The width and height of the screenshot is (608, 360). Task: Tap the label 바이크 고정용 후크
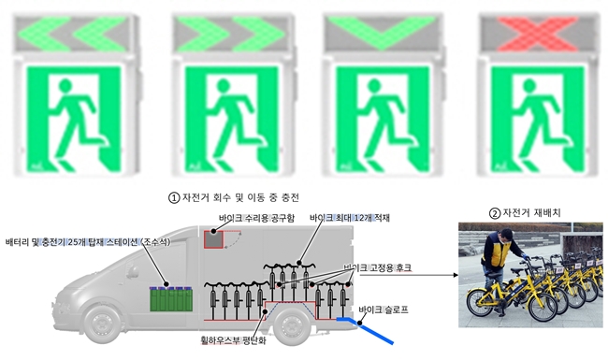(378, 268)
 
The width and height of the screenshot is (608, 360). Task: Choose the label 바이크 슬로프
(384, 308)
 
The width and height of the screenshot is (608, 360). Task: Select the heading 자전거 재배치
(527, 211)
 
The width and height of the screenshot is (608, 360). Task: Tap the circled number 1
(172, 198)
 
